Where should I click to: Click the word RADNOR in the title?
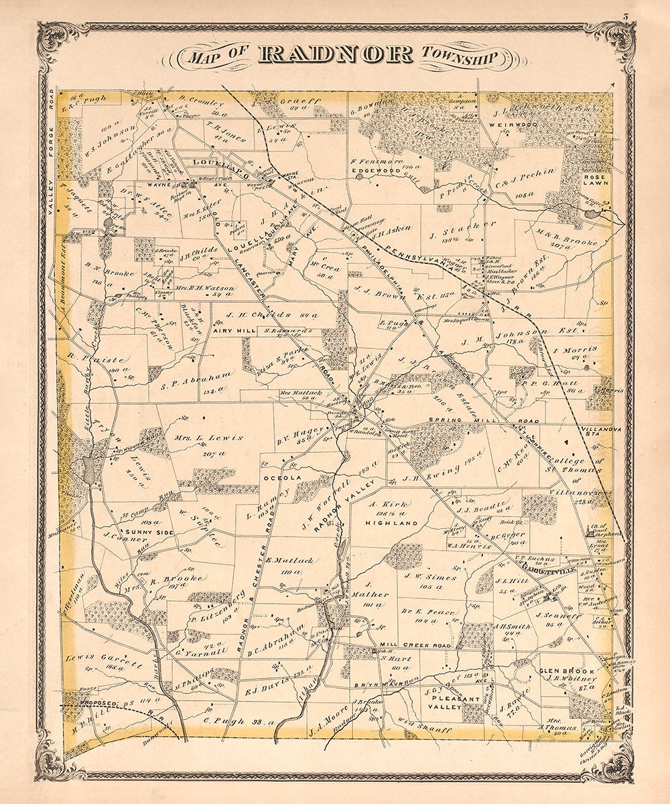click(335, 55)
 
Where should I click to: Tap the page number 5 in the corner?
click(624, 17)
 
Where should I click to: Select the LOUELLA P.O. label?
click(213, 162)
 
